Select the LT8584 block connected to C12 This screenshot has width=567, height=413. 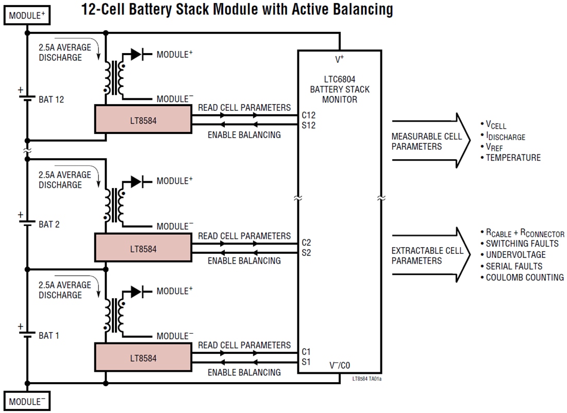tap(143, 119)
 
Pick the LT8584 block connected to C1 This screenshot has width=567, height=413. tap(143, 358)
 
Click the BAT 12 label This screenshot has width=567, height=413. tap(52, 99)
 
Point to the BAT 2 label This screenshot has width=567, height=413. tap(49, 225)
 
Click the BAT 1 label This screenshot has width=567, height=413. tap(49, 335)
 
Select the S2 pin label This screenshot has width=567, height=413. tap(306, 253)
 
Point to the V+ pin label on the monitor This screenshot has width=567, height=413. tap(340, 60)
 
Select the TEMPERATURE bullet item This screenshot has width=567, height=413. tap(513, 158)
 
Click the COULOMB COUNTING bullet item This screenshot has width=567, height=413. tap(524, 278)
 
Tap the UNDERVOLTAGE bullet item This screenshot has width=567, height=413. tap(515, 255)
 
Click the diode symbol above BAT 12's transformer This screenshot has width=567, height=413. tap(137, 54)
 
